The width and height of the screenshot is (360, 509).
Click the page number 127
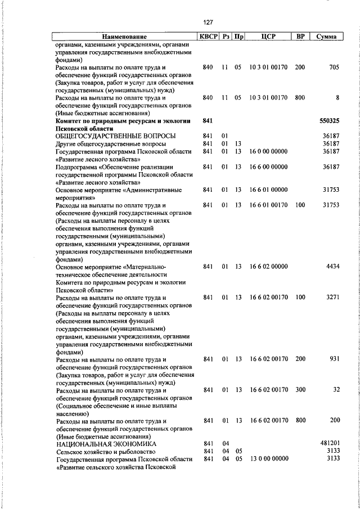pos(208,22)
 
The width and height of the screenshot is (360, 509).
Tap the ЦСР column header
pos(268,37)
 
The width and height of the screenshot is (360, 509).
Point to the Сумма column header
pos(327,37)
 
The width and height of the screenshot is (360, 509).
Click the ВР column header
pos(300,37)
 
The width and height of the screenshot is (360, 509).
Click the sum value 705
pos(334,67)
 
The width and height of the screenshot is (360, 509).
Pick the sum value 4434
pos(332,267)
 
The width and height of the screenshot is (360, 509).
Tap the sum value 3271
pos(332,298)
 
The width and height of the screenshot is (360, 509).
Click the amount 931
pos(334,359)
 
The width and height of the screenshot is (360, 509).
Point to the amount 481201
pos(329,444)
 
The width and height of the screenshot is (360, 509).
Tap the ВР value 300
pos(300,390)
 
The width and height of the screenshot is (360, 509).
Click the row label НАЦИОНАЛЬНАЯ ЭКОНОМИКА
pos(106,444)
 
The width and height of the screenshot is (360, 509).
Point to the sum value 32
pos(336,390)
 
